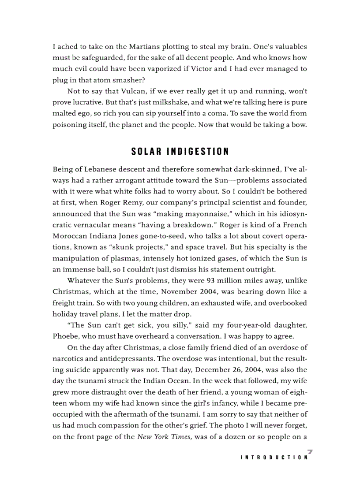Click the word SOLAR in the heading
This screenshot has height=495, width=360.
click(x=146, y=152)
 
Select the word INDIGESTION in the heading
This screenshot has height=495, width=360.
click(x=198, y=152)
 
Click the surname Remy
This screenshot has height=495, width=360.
click(x=135, y=203)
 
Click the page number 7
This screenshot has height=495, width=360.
click(x=310, y=451)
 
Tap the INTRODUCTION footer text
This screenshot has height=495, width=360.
click(x=274, y=458)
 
